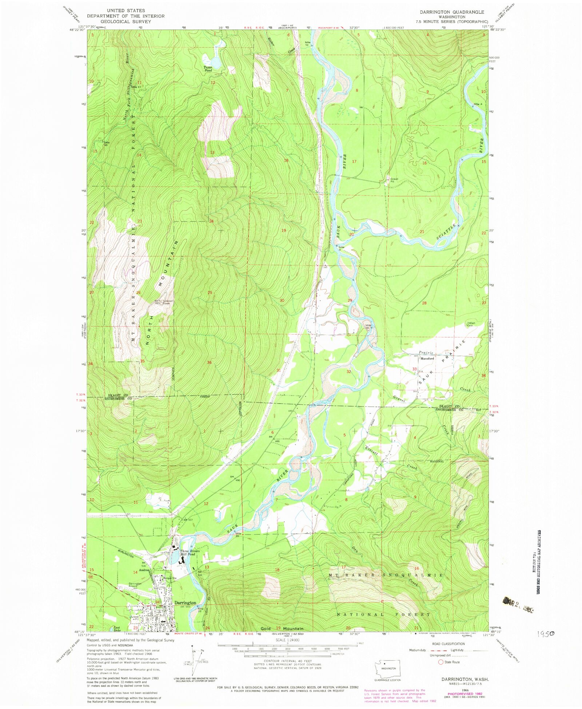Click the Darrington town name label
point(185,602)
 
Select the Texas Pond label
point(208,70)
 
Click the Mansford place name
point(427,359)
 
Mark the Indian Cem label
point(472,324)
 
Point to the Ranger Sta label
point(170,578)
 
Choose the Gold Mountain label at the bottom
point(282,629)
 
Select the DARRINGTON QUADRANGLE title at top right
point(452,12)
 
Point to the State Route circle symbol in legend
point(441,662)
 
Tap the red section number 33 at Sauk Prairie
point(414,369)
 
